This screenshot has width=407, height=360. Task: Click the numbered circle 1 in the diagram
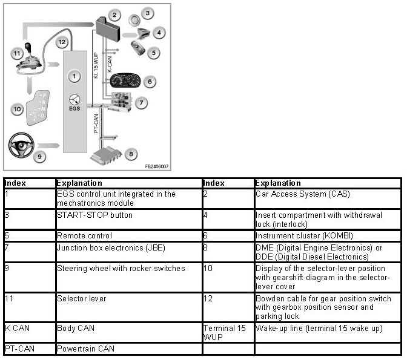pyautogui.click(x=73, y=77)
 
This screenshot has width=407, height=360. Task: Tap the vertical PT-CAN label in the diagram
pyautogui.click(x=97, y=121)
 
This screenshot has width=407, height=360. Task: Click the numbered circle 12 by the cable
pyautogui.click(x=62, y=42)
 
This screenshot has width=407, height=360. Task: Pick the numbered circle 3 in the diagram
pyautogui.click(x=147, y=13)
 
